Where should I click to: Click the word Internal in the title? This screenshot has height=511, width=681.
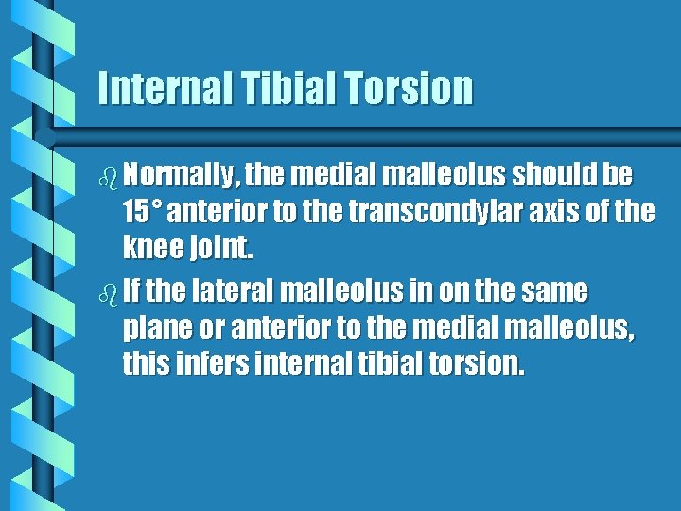coord(160,88)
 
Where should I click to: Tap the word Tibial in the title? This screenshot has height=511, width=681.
coord(281,88)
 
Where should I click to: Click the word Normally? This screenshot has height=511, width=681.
coord(181,176)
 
